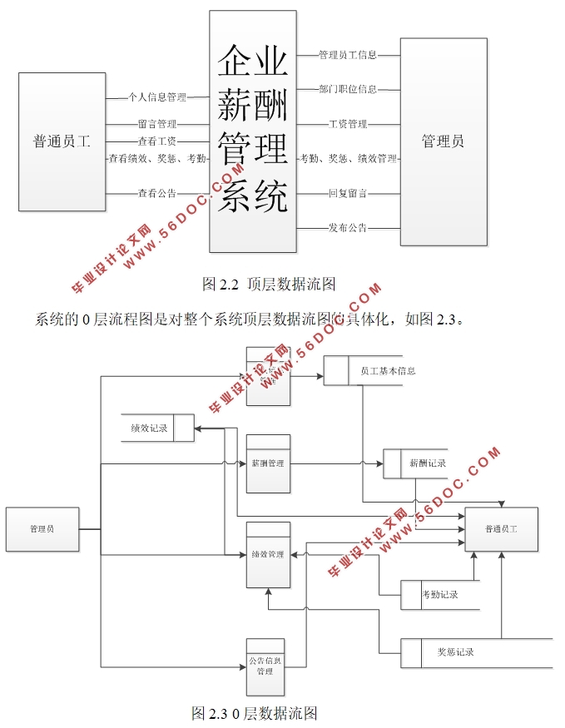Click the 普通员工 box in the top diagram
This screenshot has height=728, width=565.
62,141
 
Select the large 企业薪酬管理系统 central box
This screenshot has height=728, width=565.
253,131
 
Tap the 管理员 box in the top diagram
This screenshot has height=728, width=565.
443,141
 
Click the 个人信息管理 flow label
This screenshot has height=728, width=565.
157,97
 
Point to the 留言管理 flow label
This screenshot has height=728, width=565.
157,125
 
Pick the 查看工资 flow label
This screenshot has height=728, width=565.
157,141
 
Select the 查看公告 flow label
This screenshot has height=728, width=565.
157,194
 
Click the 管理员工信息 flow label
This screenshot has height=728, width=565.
348,56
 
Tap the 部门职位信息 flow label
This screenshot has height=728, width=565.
348,89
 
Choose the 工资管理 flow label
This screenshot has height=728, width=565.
348,125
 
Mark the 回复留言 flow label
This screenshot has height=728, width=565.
348,194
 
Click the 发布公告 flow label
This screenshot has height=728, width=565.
348,227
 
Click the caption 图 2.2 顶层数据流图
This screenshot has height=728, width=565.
269,284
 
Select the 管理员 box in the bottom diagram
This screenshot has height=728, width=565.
42,529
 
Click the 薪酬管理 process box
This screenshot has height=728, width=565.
269,463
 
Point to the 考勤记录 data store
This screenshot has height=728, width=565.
439,595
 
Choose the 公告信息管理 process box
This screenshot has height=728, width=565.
265,666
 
